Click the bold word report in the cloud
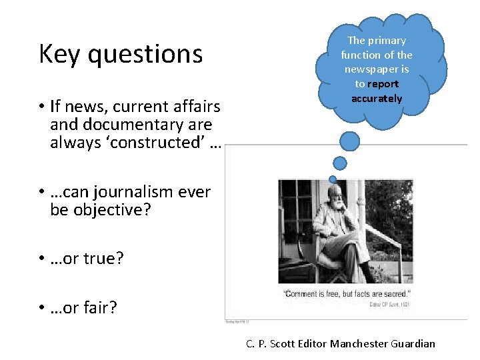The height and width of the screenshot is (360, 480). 383,84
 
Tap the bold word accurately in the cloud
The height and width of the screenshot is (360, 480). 377,99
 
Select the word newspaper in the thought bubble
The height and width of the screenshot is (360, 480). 377,69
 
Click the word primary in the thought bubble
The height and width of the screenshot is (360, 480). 386,40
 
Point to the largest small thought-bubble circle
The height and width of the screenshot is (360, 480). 349,140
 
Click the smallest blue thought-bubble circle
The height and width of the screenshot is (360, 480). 332,178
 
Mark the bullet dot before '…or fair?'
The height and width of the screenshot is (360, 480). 41,307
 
